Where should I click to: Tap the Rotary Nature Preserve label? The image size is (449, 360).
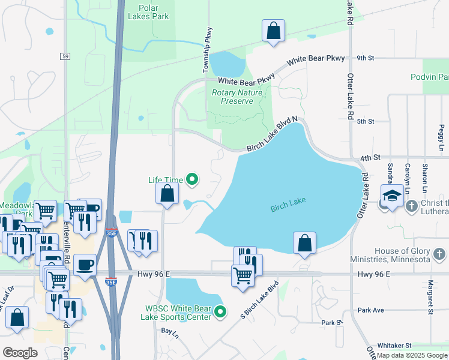[237, 97]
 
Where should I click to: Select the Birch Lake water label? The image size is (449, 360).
[288, 205]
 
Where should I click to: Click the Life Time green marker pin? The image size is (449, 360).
[192, 179]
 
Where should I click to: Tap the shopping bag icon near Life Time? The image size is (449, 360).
[167, 193]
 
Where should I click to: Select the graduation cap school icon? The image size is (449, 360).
[392, 196]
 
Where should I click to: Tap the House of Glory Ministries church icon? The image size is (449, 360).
[439, 254]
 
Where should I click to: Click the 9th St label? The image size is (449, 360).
[365, 58]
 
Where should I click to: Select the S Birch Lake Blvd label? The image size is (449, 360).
[259, 298]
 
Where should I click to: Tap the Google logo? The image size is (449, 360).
[20, 352]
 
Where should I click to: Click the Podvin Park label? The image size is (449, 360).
[430, 77]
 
